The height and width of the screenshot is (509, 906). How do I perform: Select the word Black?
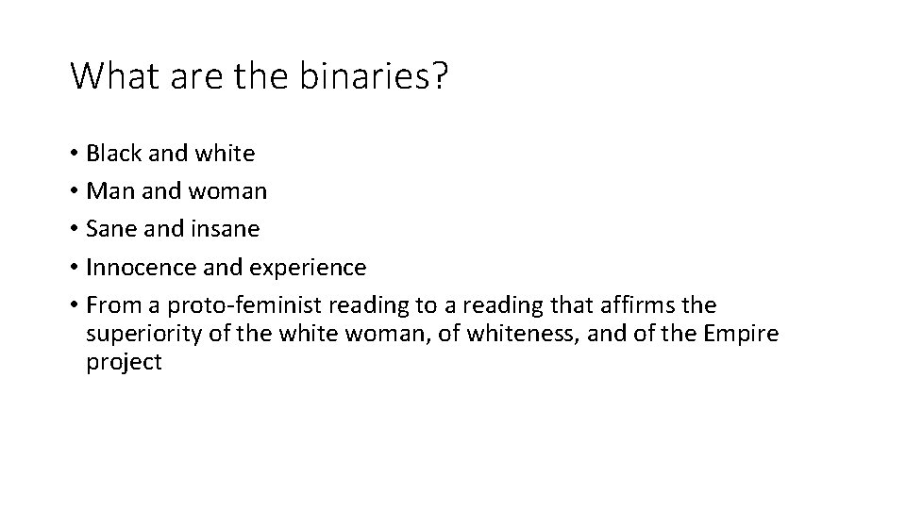(x=112, y=153)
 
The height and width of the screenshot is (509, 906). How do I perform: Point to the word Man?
(x=107, y=191)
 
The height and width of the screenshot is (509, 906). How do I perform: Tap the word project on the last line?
(x=124, y=363)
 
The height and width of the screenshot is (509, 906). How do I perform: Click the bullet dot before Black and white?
(x=74, y=154)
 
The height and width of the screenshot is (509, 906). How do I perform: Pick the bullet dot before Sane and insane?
(x=74, y=230)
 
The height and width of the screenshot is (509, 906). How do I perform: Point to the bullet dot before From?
(x=74, y=306)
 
